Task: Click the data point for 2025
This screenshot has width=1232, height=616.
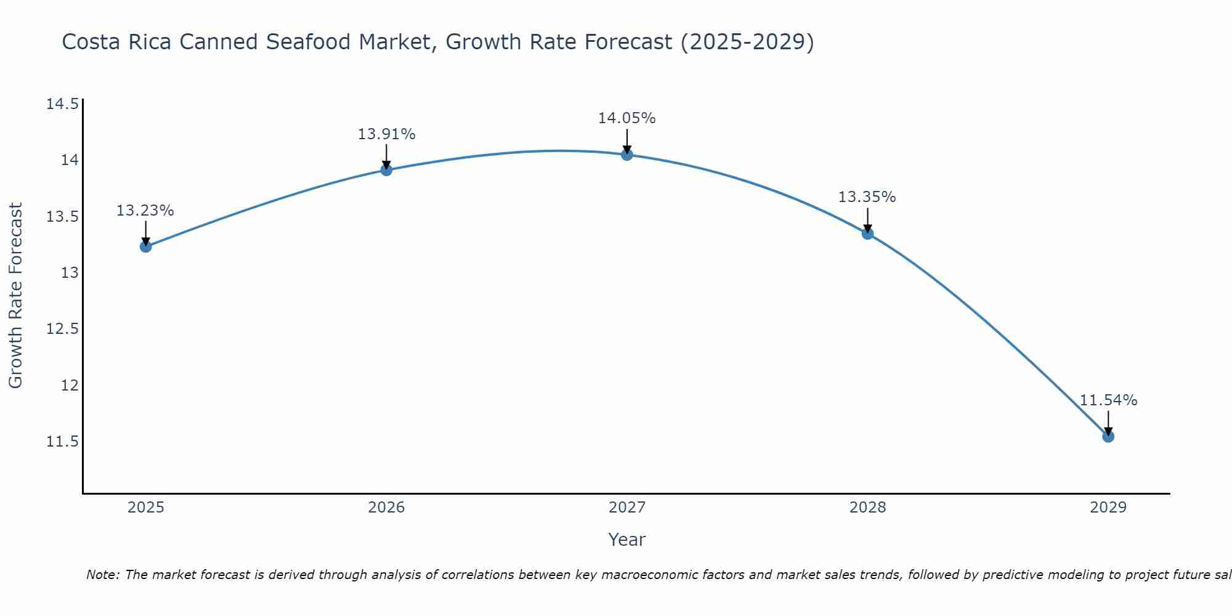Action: tap(145, 246)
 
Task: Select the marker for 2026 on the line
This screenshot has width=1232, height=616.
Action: tap(386, 169)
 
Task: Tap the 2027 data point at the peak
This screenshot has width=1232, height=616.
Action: tap(627, 154)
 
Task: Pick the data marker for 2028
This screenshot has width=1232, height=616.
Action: tap(867, 233)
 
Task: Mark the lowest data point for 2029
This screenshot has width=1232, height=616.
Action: tap(1108, 436)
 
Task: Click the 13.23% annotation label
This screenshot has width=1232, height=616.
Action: tap(145, 211)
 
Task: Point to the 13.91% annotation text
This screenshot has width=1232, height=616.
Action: tap(386, 134)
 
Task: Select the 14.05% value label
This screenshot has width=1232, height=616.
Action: tap(627, 118)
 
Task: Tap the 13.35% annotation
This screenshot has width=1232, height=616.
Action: tap(867, 197)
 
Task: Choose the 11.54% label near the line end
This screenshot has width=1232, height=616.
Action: tap(1108, 400)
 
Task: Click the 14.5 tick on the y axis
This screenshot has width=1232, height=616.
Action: tap(62, 103)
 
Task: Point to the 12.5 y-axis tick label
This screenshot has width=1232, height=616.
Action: tap(62, 329)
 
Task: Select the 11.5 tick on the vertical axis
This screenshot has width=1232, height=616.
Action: tap(62, 442)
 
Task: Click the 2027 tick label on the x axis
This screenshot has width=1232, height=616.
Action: tap(627, 508)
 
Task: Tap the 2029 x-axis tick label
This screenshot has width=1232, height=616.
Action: tap(1108, 508)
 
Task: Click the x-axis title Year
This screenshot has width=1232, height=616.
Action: tap(627, 540)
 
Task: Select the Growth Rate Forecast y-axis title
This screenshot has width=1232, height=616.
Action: tap(15, 296)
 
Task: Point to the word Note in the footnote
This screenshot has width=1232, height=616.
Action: tap(102, 575)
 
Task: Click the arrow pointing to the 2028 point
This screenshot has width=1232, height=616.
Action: tap(867, 219)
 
